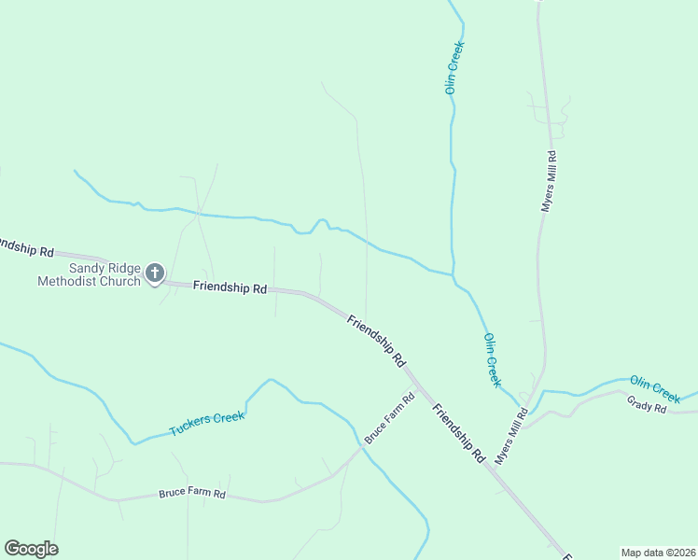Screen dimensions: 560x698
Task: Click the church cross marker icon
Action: (155, 273)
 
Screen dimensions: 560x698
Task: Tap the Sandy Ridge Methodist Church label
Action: (89, 274)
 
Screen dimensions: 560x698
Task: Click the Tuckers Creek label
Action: (206, 423)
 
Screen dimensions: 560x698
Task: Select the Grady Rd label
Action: (646, 407)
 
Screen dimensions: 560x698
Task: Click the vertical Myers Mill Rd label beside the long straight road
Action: (549, 181)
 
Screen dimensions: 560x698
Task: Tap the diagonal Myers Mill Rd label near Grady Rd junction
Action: (511, 436)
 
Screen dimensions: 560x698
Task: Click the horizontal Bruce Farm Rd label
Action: (192, 493)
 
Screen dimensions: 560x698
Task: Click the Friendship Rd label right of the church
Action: (230, 288)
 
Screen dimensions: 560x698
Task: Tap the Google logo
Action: (31, 549)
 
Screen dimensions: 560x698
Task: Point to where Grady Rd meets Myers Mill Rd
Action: (528, 426)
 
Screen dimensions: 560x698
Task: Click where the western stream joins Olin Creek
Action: (454, 274)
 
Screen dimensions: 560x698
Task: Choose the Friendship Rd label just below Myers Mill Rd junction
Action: (459, 434)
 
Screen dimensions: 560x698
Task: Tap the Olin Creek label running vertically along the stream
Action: (454, 67)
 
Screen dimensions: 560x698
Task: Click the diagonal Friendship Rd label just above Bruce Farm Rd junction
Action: (377, 340)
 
